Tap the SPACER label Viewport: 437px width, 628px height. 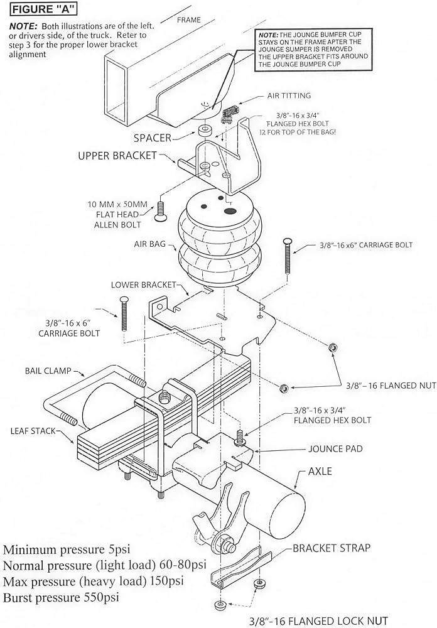click(x=153, y=138)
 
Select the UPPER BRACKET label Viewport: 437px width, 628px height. click(x=117, y=156)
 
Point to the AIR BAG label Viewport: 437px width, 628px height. click(x=150, y=244)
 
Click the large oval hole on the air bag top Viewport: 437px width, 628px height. click(x=230, y=211)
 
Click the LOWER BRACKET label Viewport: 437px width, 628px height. click(x=143, y=284)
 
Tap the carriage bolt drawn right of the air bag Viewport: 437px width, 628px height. click(x=288, y=256)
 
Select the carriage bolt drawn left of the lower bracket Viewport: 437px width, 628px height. click(x=124, y=313)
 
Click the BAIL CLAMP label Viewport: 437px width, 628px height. click(x=48, y=371)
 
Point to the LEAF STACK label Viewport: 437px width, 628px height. click(x=33, y=431)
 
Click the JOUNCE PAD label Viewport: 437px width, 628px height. click(x=335, y=448)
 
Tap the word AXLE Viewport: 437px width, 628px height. click(x=320, y=471)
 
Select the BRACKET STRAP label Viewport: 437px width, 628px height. click(x=332, y=548)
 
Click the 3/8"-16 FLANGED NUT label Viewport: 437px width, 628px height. click(x=391, y=386)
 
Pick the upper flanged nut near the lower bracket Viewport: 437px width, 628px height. click(x=332, y=347)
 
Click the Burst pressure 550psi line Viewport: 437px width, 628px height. click(x=62, y=598)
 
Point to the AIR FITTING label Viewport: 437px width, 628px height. click(x=289, y=95)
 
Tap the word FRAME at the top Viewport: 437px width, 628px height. click(x=188, y=19)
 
